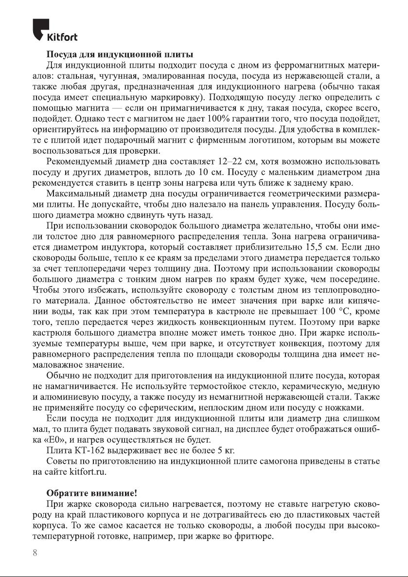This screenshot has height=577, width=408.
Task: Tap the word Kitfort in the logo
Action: (x=61, y=37)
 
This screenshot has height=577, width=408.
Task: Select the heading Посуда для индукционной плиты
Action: (x=120, y=54)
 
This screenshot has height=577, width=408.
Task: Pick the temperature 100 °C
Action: (x=335, y=311)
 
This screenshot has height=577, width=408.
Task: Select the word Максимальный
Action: (x=75, y=194)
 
